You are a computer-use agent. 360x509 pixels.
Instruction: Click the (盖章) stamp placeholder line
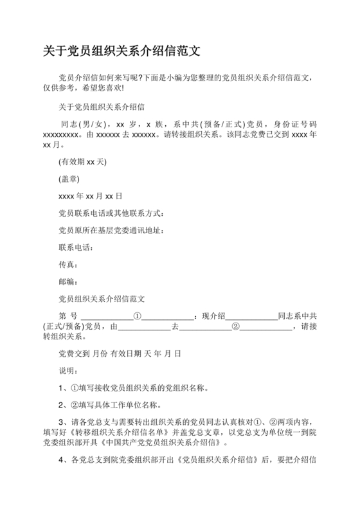click(68, 179)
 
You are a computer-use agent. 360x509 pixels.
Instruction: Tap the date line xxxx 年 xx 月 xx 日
click(90, 196)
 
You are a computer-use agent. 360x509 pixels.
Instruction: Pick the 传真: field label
click(68, 265)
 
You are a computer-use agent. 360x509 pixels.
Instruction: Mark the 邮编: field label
click(68, 281)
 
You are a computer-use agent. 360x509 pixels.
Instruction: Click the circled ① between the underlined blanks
click(137, 316)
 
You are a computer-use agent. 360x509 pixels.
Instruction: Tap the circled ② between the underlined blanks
click(235, 326)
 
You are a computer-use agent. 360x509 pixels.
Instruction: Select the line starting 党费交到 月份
click(120, 353)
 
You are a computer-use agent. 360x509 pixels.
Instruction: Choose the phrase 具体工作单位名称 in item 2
click(122, 405)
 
